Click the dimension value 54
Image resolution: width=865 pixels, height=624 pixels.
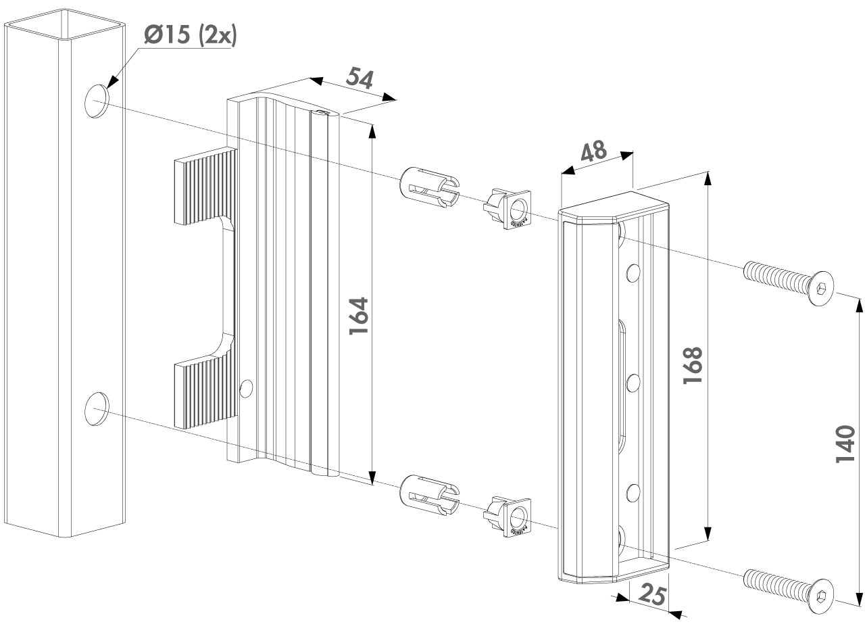click(x=360, y=78)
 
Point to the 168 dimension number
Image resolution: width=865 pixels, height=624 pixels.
click(x=693, y=366)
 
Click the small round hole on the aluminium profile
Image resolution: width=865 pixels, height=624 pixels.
click(x=247, y=387)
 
